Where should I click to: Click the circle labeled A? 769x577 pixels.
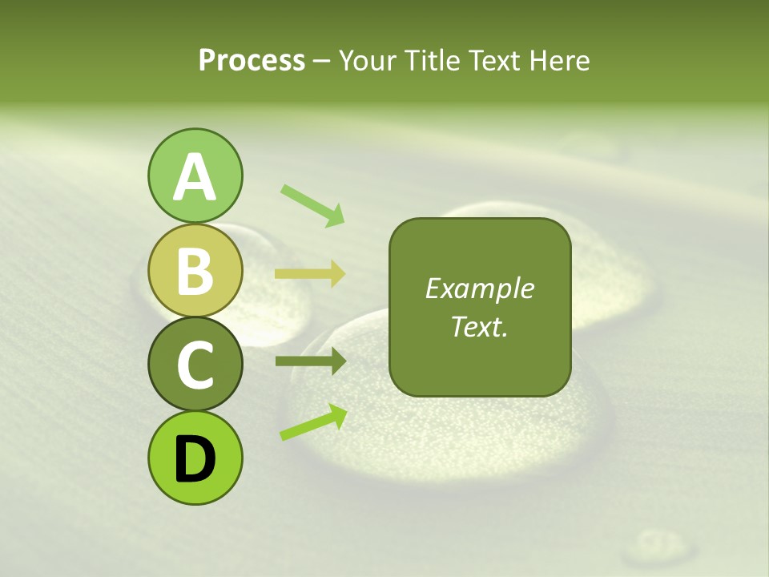tap(195, 176)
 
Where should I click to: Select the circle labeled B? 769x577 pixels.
tap(195, 270)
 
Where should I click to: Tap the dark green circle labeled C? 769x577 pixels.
tap(195, 364)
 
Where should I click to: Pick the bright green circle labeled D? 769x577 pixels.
tap(195, 458)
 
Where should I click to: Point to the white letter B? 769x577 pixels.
tap(195, 271)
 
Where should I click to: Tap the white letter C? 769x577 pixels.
tap(195, 365)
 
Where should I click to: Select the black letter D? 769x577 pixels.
tap(195, 458)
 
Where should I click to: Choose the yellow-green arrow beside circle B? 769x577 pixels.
tap(310, 274)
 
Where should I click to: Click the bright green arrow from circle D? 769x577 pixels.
tap(313, 422)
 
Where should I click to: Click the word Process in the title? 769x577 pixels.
tap(252, 60)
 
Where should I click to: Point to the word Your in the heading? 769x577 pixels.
tap(366, 60)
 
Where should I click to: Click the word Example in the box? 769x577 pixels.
tap(480, 288)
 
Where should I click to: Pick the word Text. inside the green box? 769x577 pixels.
tap(480, 326)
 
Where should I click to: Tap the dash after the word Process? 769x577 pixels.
tap(322, 61)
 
